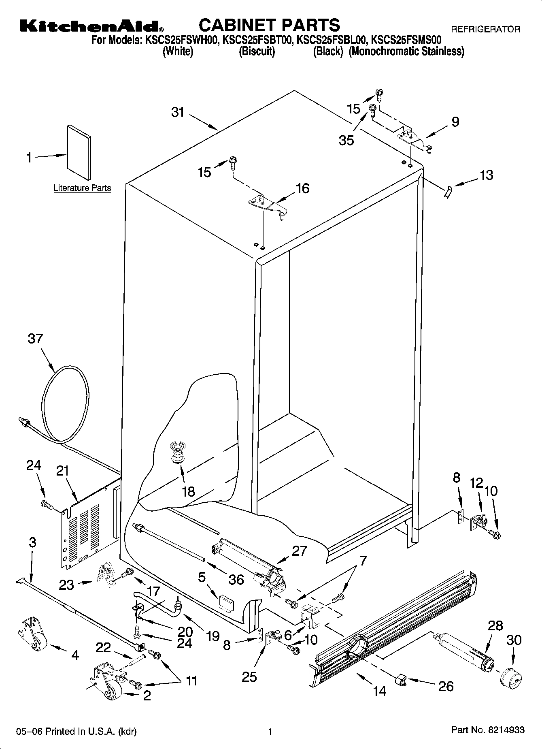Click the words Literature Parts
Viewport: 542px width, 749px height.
[82, 188]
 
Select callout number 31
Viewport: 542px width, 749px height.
[178, 112]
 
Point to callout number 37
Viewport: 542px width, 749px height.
[35, 338]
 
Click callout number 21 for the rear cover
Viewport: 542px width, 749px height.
[63, 471]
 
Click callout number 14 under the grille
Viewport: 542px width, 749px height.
[380, 691]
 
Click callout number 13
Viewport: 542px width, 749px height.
[487, 175]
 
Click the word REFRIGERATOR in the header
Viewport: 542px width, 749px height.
[485, 29]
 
